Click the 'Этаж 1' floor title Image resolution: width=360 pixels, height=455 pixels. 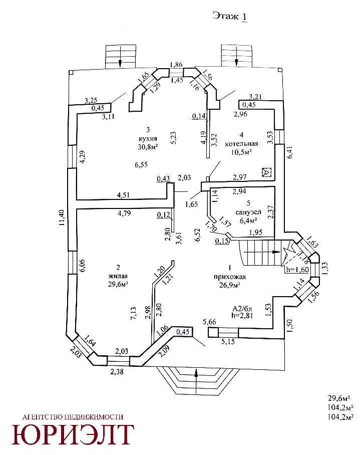pyautogui.click(x=230, y=17)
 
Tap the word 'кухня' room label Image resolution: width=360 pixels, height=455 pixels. pyautogui.click(x=148, y=139)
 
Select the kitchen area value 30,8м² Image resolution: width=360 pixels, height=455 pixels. pyautogui.click(x=148, y=147)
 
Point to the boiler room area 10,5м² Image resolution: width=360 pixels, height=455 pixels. pyautogui.click(x=242, y=152)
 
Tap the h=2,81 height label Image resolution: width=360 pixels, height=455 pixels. pyautogui.click(x=243, y=315)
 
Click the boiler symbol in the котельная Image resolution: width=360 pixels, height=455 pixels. pyautogui.click(x=267, y=172)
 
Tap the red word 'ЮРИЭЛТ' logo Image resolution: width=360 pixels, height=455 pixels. pyautogui.click(x=73, y=435)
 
